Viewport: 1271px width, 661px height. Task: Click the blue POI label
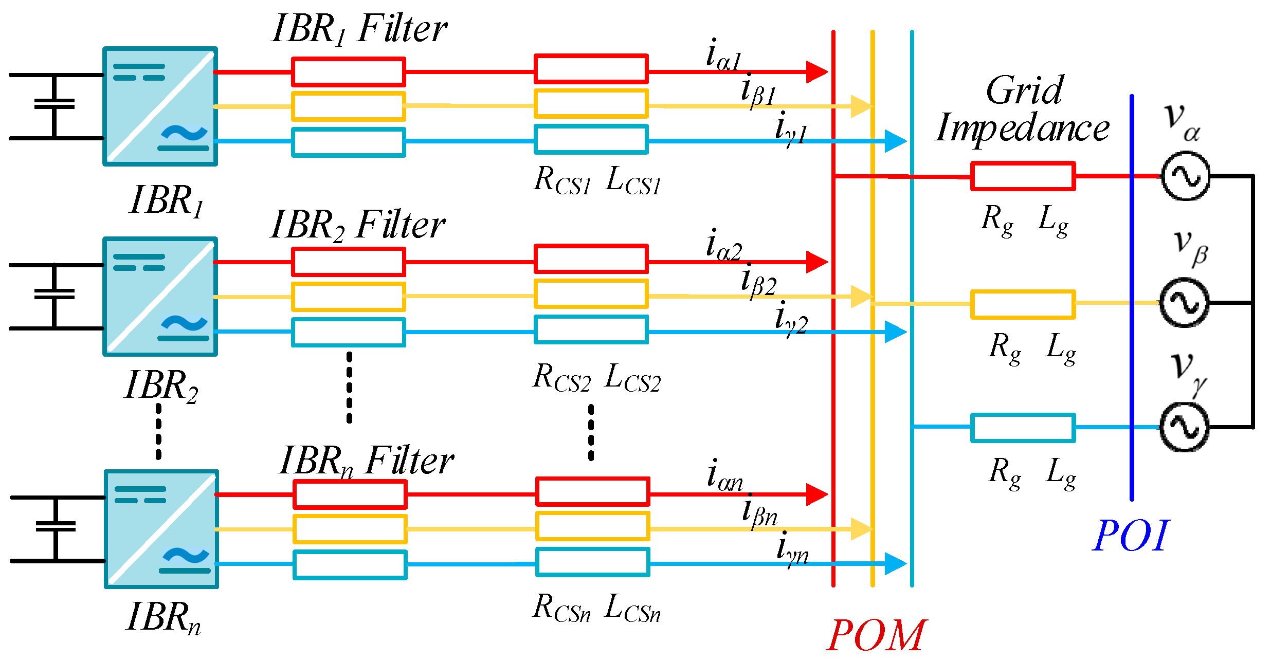click(1130, 536)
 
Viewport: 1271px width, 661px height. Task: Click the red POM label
click(877, 636)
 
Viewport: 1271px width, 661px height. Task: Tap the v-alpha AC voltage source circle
click(1186, 176)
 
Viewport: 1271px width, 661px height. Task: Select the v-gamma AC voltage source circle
click(1184, 427)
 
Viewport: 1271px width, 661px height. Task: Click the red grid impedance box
click(1023, 176)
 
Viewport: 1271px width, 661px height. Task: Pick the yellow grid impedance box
click(1023, 304)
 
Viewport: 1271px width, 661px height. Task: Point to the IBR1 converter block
click(160, 106)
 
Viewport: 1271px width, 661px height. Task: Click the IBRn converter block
click(161, 529)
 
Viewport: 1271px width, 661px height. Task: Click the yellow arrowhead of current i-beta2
click(861, 297)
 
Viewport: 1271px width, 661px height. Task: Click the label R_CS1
click(562, 181)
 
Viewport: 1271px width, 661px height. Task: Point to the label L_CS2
click(632, 378)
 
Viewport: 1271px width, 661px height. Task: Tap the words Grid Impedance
click(1022, 109)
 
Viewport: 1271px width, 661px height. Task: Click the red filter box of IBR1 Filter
click(348, 72)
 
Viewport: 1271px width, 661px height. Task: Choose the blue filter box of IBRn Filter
click(350, 565)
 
